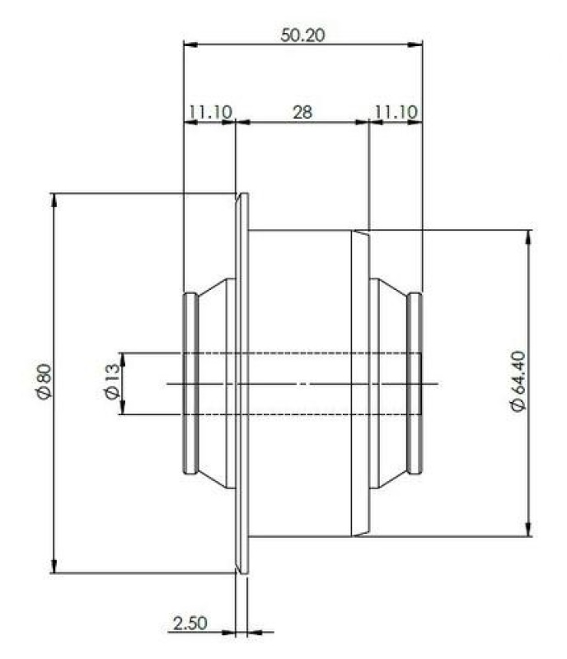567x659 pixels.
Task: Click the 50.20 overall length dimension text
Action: coord(302,35)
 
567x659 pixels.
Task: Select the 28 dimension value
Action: coord(302,112)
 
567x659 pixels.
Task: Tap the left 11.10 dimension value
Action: coord(210,112)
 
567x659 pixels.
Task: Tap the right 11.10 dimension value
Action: coord(396,112)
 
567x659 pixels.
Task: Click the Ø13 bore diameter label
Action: coord(111,381)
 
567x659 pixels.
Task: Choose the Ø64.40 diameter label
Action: coord(518,381)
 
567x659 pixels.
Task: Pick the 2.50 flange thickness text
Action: coord(190,624)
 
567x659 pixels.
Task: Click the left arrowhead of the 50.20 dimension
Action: coord(191,44)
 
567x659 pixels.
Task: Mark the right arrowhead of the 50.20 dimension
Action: coord(415,44)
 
